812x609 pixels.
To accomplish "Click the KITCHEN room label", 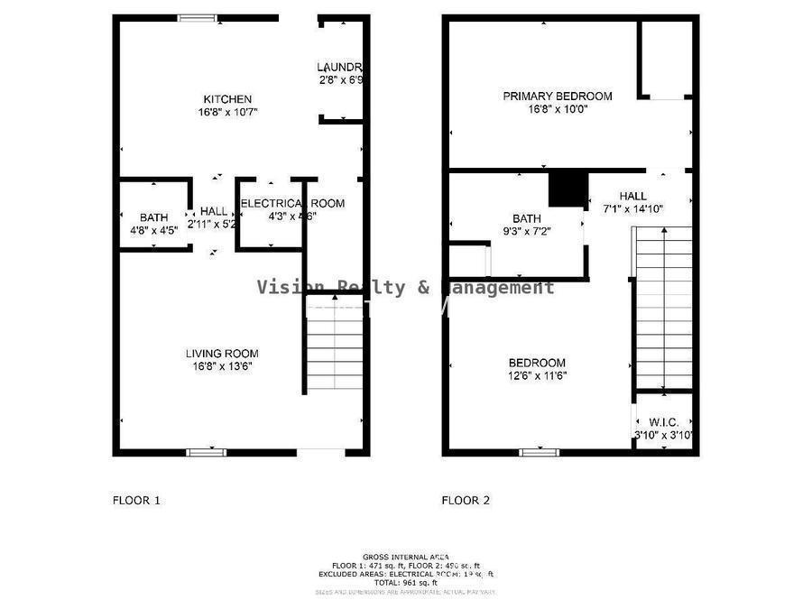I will pos(226,99).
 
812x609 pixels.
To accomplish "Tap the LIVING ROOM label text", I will pos(222,354).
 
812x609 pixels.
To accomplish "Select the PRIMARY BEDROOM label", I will pos(557,97).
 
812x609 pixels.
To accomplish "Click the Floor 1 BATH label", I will pos(153,217).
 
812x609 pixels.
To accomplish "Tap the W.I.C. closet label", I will pos(663,422).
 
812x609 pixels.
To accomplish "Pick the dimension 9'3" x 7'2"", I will pos(526,232).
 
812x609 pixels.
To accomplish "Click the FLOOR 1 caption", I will pos(136,500).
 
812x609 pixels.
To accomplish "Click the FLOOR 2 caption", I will pos(466,500).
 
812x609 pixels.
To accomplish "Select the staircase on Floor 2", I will pos(664,307).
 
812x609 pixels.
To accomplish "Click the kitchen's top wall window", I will pos(197,16).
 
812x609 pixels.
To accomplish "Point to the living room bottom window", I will pos(206,452).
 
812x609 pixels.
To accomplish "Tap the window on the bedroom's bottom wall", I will pos(539,452).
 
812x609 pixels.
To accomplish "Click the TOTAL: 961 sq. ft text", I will pos(405,583).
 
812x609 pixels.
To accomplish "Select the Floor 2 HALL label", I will pos(632,196).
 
